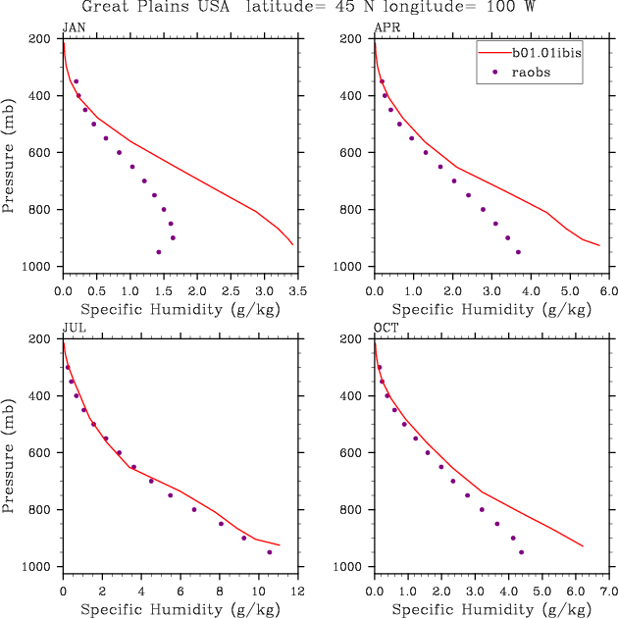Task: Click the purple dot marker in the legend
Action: coord(495,72)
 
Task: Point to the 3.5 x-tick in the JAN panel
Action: coord(297,292)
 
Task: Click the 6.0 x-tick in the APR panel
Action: coord(607,292)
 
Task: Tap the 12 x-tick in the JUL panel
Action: coord(297,592)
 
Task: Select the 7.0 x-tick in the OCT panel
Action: coord(607,592)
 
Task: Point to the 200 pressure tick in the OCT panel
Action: coord(354,339)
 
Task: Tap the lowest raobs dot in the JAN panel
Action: coord(159,252)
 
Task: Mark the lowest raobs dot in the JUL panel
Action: coord(270,552)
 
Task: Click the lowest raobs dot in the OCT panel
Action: coord(521,552)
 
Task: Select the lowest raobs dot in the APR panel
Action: coord(518,252)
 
